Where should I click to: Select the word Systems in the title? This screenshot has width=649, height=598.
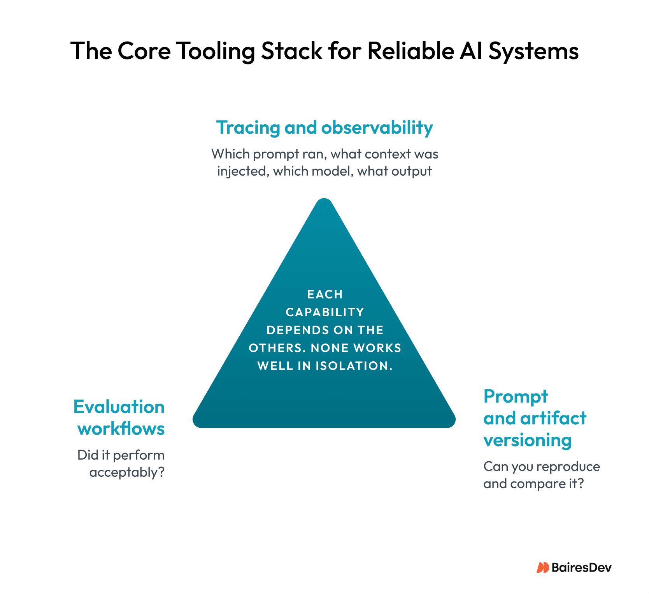point(533,51)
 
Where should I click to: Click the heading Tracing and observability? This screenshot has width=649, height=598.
point(324,127)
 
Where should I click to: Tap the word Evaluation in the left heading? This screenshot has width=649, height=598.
point(119,407)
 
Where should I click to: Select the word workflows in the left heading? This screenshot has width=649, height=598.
point(121,429)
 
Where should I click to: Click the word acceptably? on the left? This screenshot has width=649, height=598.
point(127,472)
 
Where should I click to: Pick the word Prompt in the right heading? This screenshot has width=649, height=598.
point(516,397)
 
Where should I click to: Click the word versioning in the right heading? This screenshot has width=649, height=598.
point(527,440)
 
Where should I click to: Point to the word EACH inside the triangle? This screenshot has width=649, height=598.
point(325,295)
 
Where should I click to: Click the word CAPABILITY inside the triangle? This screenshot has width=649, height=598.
point(325,312)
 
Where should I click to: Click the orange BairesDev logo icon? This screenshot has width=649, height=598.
point(542,568)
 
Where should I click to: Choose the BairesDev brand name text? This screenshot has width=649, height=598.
point(581,568)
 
